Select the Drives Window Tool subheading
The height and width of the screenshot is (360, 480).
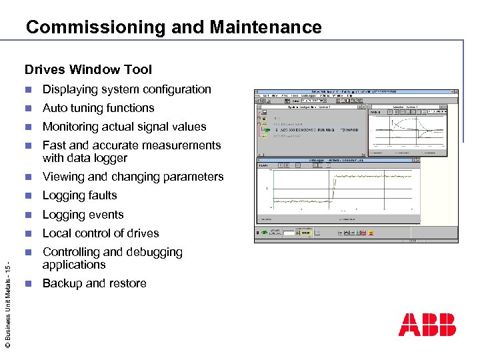88,69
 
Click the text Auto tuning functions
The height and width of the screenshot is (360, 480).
98,108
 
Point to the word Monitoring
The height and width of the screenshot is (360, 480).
72,127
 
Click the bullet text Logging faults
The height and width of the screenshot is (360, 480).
79,195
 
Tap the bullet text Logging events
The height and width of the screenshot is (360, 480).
83,215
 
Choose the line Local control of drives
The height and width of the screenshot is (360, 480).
101,233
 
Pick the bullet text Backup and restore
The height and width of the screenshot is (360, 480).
94,283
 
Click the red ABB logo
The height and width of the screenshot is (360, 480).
427,325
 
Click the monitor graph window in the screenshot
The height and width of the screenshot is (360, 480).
408,130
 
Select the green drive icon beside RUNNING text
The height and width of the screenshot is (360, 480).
264,130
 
